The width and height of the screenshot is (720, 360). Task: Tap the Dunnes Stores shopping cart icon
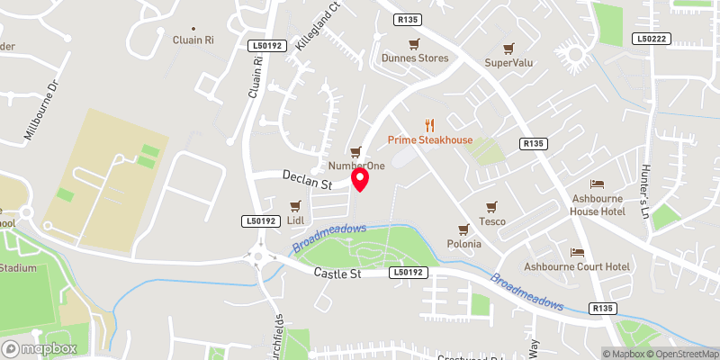pos(414,44)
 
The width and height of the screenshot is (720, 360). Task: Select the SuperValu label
pos(510,62)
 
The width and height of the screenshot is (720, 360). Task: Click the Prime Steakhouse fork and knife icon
pos(430,125)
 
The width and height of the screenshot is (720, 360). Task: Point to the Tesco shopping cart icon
pos(491,207)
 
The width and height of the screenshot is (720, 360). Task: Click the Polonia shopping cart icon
pos(464,229)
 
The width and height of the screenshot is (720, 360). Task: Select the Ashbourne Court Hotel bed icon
pos(578,253)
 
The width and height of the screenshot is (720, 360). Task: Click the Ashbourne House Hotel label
pos(598,204)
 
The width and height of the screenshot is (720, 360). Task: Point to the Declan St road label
pos(308,179)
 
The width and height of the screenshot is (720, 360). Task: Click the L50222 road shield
pos(651,39)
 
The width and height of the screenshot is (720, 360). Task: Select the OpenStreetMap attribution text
pos(681,354)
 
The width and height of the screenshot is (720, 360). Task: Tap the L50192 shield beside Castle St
pos(407,272)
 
